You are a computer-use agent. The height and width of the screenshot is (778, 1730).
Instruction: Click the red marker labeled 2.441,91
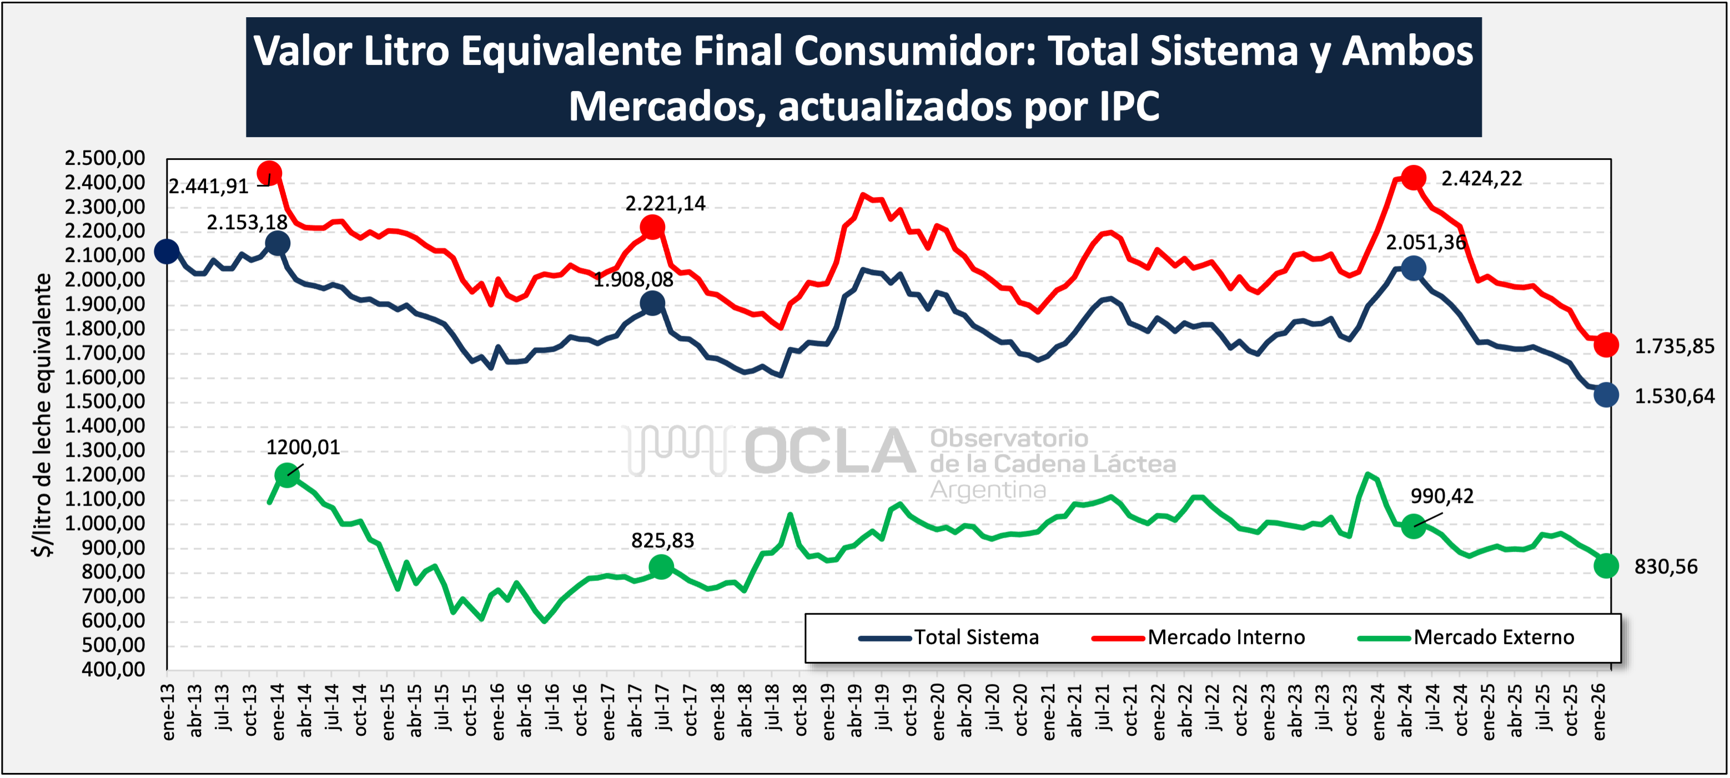269,173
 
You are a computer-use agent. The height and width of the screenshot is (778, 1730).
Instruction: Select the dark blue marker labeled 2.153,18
278,243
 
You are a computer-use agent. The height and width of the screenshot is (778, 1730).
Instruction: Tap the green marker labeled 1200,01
287,475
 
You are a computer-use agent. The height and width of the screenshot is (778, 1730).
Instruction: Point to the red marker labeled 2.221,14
652,228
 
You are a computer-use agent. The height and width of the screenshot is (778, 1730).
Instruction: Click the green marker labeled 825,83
661,567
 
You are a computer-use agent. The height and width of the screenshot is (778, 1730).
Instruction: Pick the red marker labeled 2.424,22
1413,178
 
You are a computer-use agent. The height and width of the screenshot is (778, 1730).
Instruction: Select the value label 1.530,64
1673,396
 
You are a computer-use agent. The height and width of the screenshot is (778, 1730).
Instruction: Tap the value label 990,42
1441,496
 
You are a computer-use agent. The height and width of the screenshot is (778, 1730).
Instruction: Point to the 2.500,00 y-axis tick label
105,158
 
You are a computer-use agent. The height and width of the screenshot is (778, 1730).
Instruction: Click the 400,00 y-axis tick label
113,669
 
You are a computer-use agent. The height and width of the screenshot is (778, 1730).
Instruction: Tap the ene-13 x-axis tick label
168,711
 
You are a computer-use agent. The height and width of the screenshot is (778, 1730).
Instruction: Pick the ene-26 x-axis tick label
1599,711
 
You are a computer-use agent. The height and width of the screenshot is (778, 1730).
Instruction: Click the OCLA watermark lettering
829,451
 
